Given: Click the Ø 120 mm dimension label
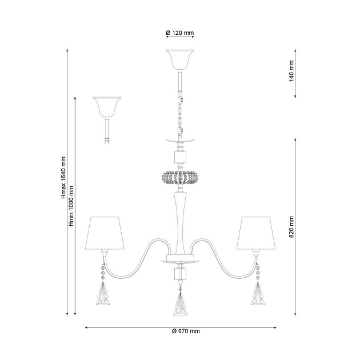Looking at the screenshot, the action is (180, 33).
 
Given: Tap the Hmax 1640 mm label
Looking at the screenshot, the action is (63, 178).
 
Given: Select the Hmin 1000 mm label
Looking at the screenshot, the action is (71, 206).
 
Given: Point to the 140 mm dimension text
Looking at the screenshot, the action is (291, 71).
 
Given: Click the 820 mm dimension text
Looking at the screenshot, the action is (291, 227).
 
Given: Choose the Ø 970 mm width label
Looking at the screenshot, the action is (186, 331).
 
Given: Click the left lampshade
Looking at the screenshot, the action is (105, 233).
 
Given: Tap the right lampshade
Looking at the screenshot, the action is (256, 233).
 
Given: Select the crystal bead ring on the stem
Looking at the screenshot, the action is (180, 177).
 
